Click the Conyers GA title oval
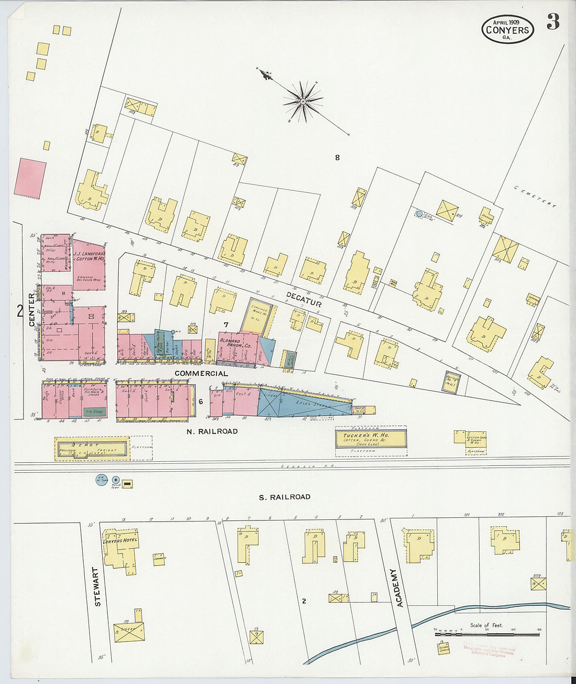pos(507,29)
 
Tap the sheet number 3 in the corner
pos(553,22)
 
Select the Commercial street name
pos(201,373)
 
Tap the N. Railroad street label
pos(212,431)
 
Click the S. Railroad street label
pos(284,496)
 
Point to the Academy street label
pos(400,588)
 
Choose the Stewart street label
pos(97,587)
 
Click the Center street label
pos(31,310)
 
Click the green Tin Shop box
pos(95,412)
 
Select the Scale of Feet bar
pos(486,634)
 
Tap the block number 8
pos(337,157)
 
